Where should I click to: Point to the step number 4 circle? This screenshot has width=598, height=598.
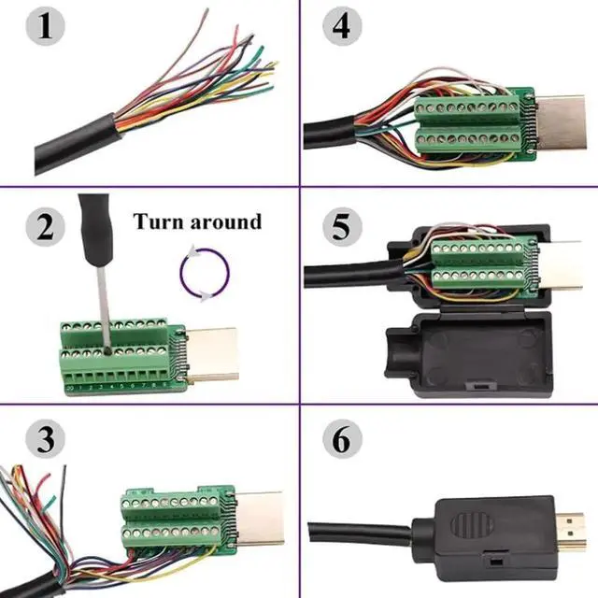[x=341, y=27]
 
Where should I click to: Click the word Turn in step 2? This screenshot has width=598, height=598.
[x=160, y=222]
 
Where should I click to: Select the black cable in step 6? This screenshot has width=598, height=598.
[x=364, y=525]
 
